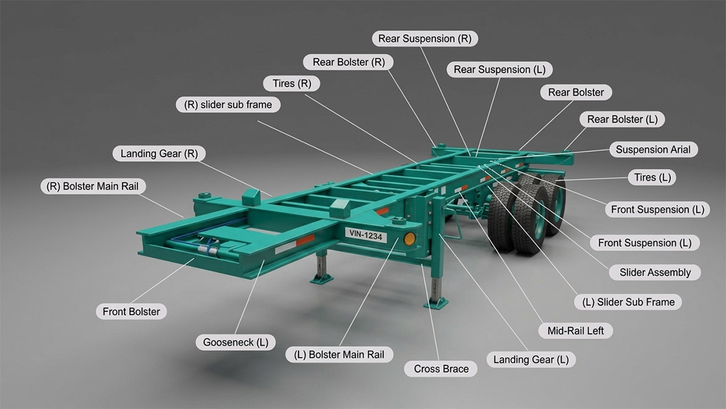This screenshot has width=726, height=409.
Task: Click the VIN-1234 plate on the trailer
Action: [366, 236]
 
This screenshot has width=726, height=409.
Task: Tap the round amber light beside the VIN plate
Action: [409, 239]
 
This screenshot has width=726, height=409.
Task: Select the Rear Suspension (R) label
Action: [424, 38]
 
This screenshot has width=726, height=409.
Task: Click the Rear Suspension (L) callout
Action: [499, 70]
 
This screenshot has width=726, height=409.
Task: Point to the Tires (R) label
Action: [292, 83]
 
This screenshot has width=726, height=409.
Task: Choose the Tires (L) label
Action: [652, 177]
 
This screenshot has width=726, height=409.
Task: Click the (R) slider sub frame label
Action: [228, 105]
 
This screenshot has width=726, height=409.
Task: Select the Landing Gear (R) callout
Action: [159, 153]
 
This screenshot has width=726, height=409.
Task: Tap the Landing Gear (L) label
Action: [531, 360]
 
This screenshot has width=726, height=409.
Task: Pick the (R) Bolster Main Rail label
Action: [93, 186]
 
